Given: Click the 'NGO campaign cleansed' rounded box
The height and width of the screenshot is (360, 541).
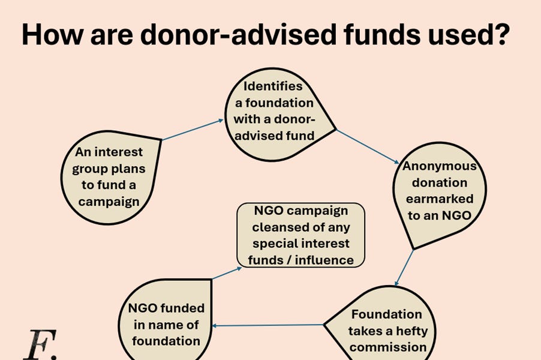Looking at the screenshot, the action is coord(300,235).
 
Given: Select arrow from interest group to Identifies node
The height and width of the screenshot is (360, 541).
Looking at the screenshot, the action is coord(193,129).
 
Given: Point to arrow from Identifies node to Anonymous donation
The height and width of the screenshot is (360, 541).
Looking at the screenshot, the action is coord(367,145).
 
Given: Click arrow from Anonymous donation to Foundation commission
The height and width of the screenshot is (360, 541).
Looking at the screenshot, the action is coord(404,267).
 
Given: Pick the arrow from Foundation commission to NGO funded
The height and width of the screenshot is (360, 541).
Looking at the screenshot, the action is coord(269,326).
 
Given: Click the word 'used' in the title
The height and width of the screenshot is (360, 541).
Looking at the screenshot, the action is coord(461,35).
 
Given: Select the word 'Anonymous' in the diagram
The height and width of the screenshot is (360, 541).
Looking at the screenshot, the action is coord(439,166).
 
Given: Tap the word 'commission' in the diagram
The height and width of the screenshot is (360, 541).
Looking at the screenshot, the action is coord(388,347).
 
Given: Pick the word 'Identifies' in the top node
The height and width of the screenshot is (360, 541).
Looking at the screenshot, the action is coord(273,86).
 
